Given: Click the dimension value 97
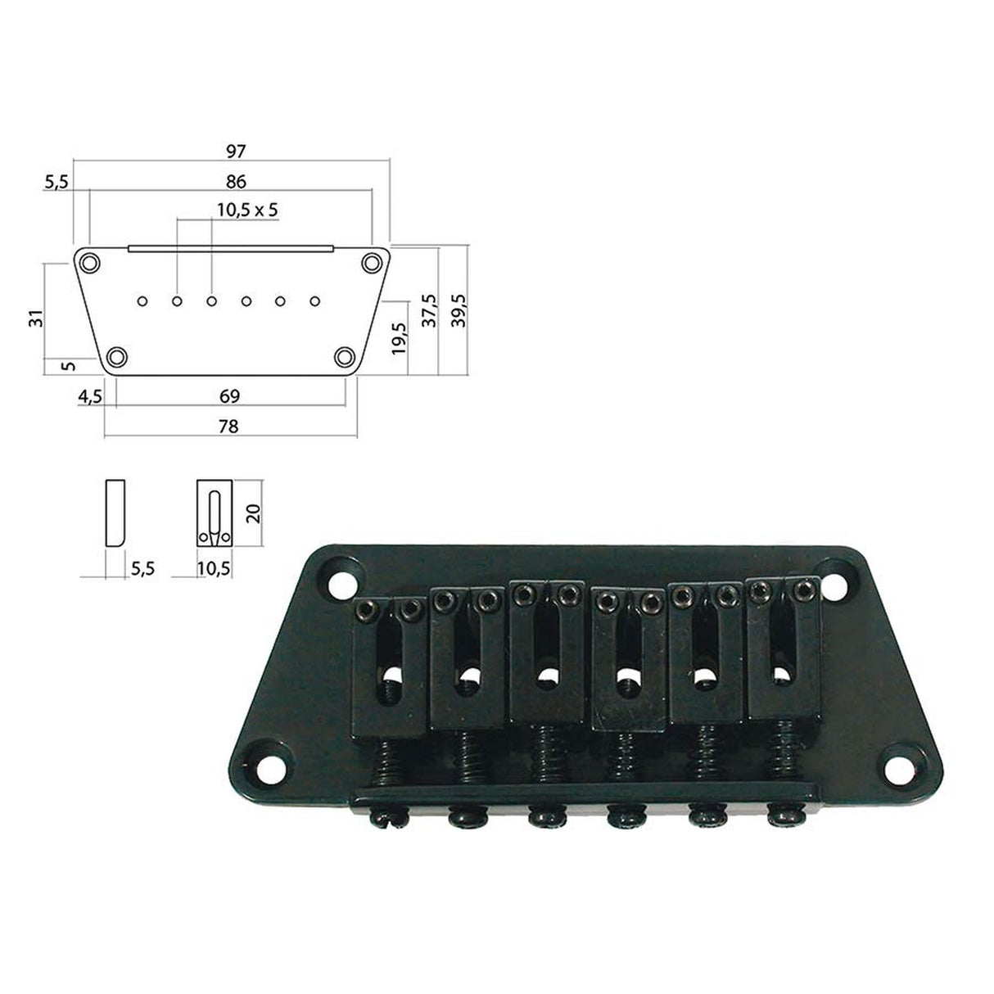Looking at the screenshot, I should [x=235, y=151].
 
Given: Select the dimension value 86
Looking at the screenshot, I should [x=235, y=181].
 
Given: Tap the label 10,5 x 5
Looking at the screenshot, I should [x=247, y=210].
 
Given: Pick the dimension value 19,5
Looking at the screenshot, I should [x=399, y=337].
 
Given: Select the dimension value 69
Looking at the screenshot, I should [x=230, y=396].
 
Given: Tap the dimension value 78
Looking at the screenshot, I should [x=230, y=426].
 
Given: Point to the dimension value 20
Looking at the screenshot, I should [x=253, y=513].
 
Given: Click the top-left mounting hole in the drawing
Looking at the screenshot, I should [x=88, y=263].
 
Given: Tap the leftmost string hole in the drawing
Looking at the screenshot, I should [x=142, y=301].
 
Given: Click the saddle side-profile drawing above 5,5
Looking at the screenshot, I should [x=114, y=513].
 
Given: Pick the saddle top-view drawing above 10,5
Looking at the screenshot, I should [x=215, y=513].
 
